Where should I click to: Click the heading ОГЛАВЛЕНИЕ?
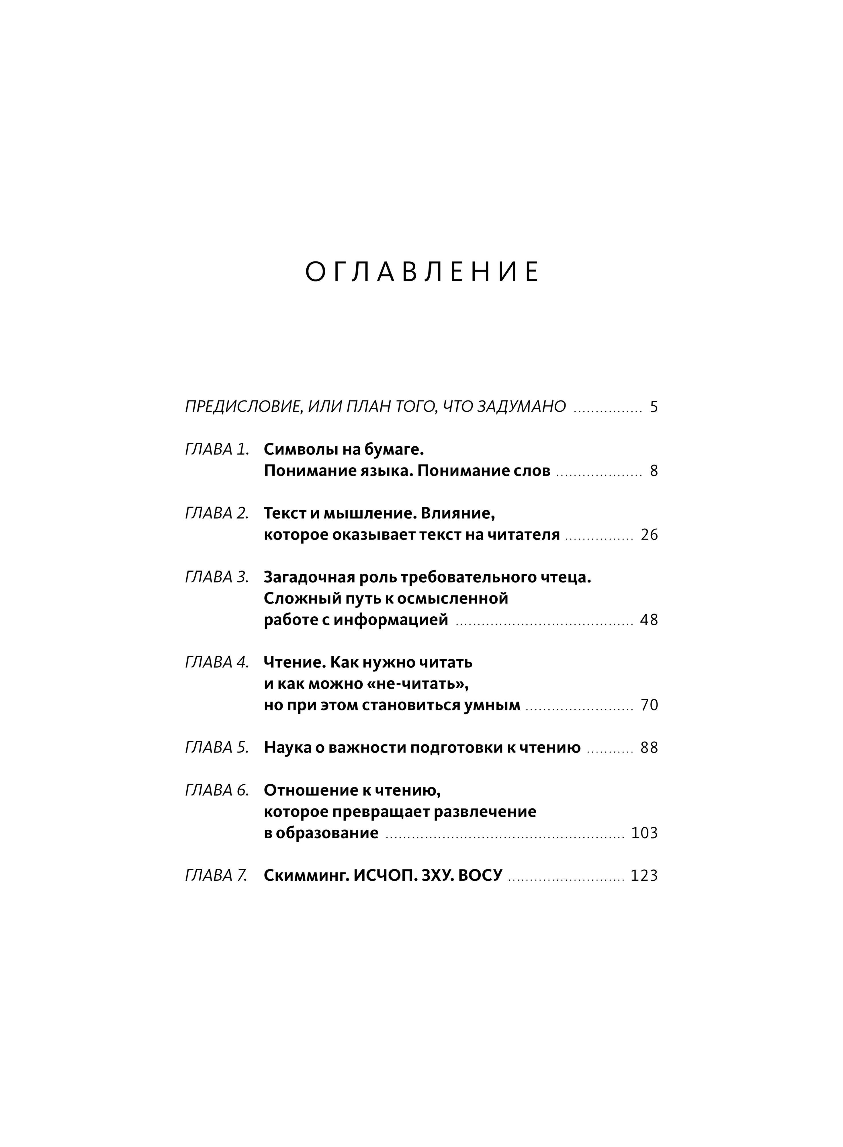point(421,272)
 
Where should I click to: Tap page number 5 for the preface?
point(654,407)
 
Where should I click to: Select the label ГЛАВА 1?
point(217,450)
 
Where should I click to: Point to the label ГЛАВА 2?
point(217,513)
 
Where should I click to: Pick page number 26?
point(649,535)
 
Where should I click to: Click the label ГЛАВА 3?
point(217,577)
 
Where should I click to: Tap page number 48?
point(649,620)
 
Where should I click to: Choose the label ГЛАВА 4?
point(217,662)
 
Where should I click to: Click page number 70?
point(649,705)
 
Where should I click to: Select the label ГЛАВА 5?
point(217,747)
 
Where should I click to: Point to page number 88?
point(649,747)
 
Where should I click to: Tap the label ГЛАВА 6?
point(217,790)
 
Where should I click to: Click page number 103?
point(644,833)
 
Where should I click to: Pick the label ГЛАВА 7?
point(217,876)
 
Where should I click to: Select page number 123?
point(644,876)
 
